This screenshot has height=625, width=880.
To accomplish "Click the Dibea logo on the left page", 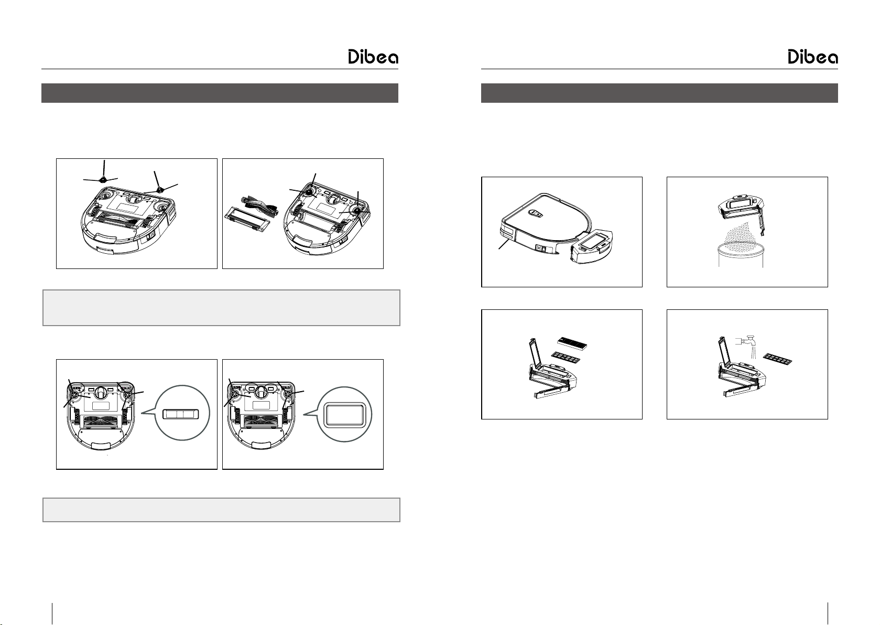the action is [x=373, y=57].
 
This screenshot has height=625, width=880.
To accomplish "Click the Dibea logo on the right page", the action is [x=812, y=57].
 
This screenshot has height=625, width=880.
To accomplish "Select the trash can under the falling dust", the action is [x=741, y=255].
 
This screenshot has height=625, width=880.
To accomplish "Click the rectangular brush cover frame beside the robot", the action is [x=247, y=221].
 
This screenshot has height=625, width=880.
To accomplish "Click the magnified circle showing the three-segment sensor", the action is [x=182, y=413].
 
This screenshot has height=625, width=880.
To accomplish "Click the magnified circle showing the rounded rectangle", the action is [x=344, y=414].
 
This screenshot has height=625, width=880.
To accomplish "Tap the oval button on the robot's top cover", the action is [x=536, y=214].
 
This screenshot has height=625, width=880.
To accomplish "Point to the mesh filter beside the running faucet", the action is [x=777, y=359].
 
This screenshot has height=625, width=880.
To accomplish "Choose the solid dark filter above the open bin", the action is [x=572, y=343].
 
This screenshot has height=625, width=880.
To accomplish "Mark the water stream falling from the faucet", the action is [x=753, y=352].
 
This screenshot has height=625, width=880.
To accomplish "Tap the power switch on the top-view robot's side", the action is [x=541, y=249].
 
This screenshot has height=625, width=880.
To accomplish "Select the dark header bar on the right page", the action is [x=659, y=93].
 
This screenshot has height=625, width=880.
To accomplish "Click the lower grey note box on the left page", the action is [x=221, y=510].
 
